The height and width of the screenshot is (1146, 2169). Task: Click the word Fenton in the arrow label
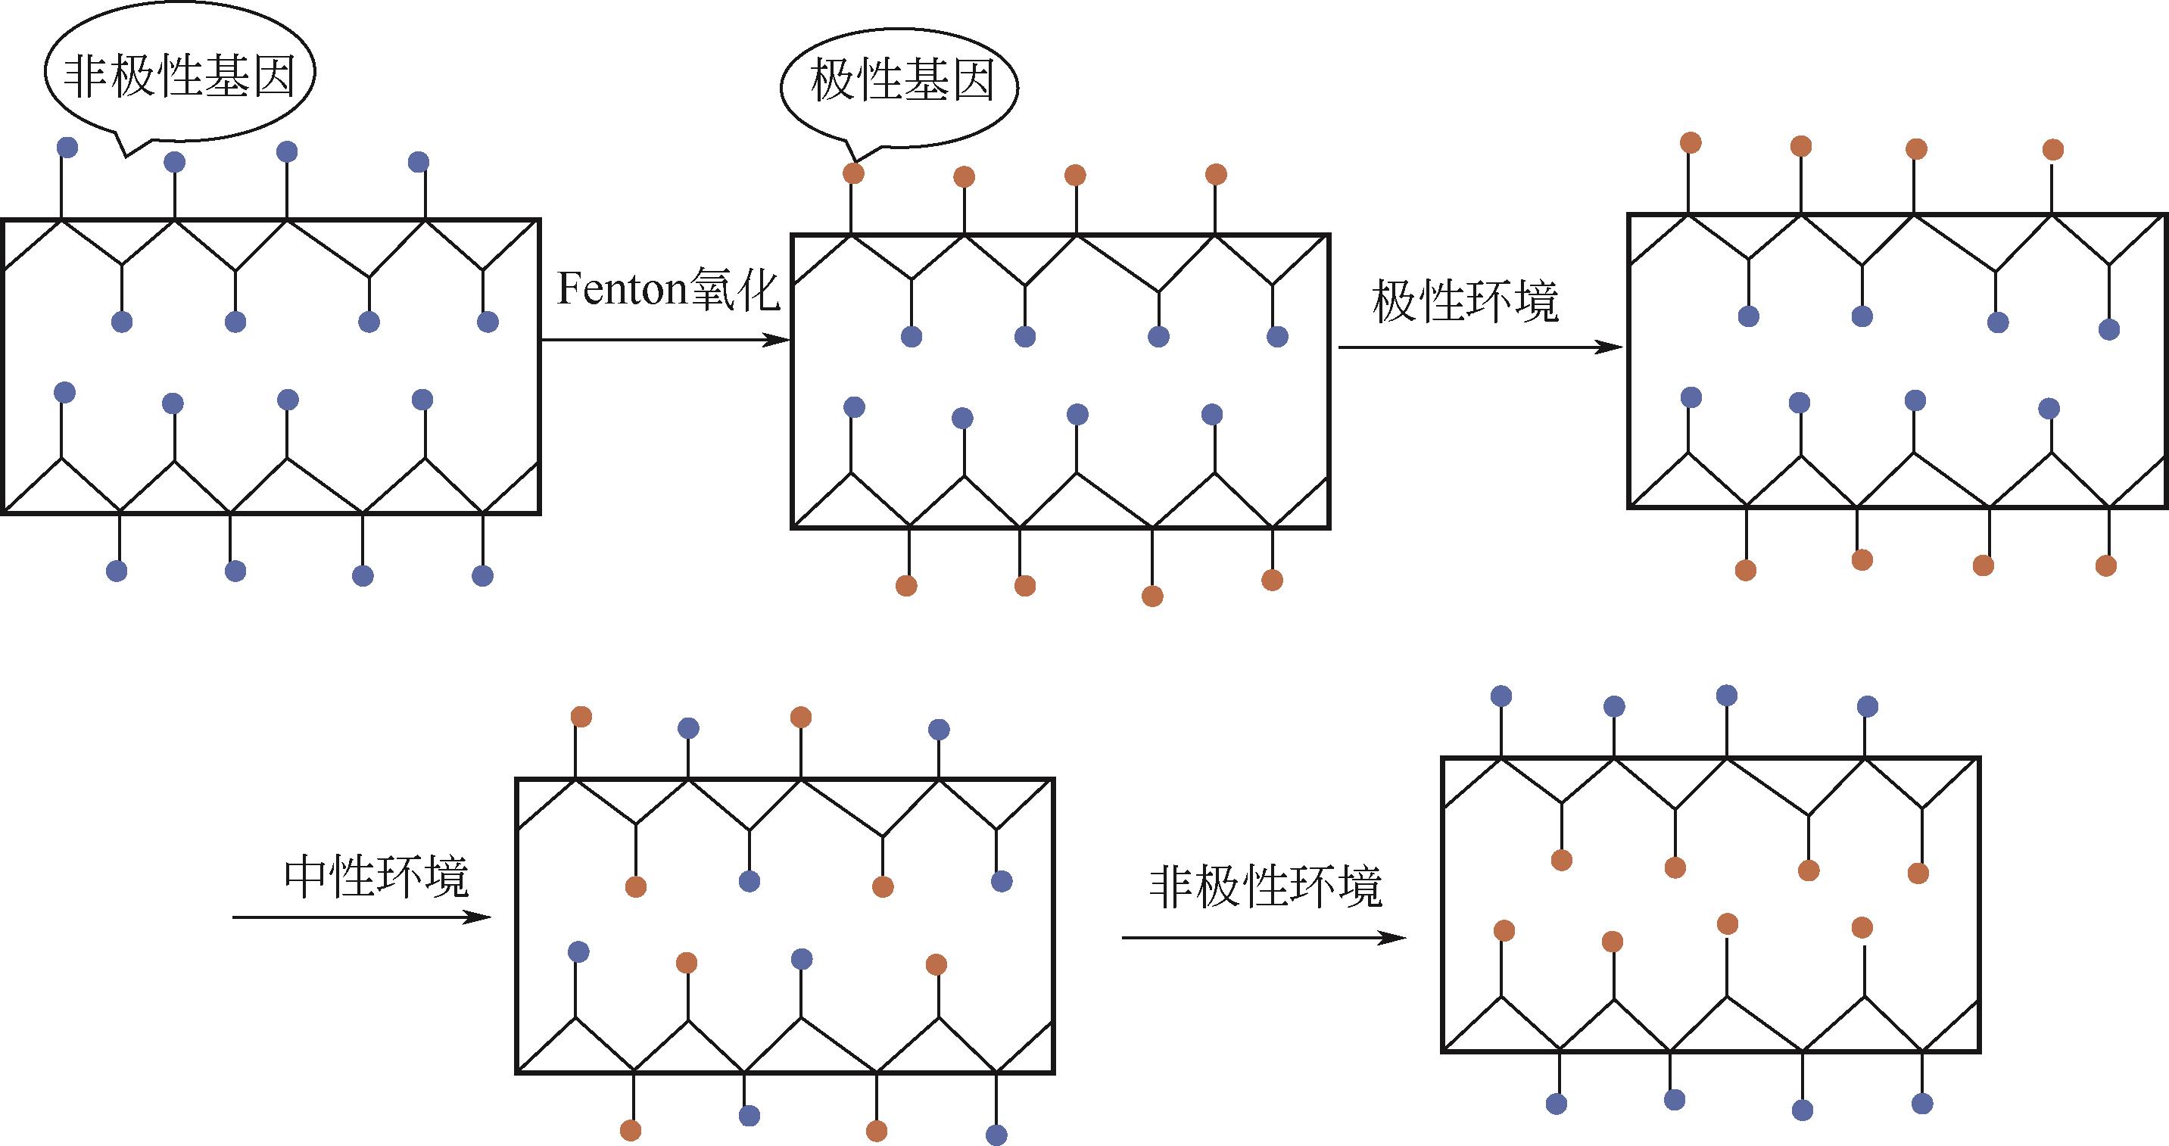click(x=622, y=290)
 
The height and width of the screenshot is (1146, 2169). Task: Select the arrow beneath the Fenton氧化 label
click(x=665, y=340)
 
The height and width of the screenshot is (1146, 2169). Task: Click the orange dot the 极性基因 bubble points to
click(x=853, y=173)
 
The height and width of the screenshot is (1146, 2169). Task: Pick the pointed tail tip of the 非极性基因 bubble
click(x=126, y=156)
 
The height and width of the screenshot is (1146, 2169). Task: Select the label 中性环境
click(x=376, y=878)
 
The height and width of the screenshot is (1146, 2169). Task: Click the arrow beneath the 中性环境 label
click(x=361, y=917)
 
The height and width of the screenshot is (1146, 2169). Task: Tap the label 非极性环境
click(x=1266, y=886)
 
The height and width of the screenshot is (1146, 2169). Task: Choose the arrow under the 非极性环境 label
click(x=1263, y=938)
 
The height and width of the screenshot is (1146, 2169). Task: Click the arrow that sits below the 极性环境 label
click(x=1479, y=347)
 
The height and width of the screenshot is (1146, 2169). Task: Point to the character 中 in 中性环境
click(x=307, y=878)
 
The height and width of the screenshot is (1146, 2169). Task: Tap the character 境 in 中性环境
click(x=446, y=878)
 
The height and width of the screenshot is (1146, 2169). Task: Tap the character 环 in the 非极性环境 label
click(x=1313, y=886)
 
